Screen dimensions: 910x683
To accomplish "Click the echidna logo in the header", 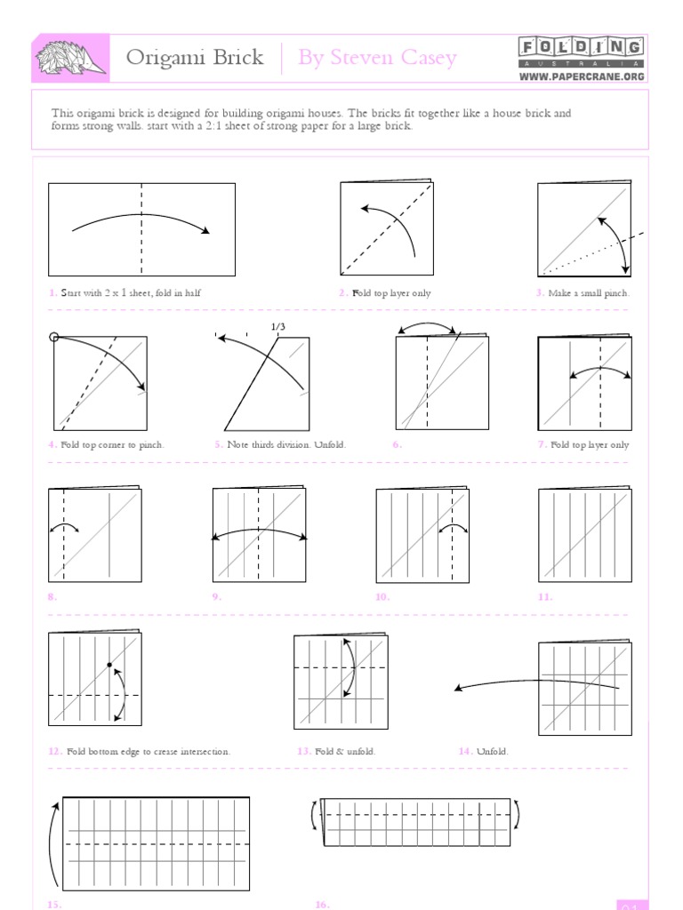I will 71,58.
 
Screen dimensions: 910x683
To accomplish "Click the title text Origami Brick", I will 195,58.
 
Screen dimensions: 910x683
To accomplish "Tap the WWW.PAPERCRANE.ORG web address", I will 581,76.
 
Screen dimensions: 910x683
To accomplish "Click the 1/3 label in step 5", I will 278,327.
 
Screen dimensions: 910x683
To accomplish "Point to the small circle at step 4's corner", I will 54,337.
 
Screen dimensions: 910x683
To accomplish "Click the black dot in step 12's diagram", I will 109,665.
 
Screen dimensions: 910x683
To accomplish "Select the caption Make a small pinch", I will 589,292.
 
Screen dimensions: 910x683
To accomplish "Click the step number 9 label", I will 216,597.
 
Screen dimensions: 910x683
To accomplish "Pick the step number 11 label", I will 544,597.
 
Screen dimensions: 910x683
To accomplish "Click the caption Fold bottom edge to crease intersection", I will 148,751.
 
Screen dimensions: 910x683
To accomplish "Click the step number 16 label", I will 322,904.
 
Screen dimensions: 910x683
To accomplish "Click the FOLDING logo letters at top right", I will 581,48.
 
